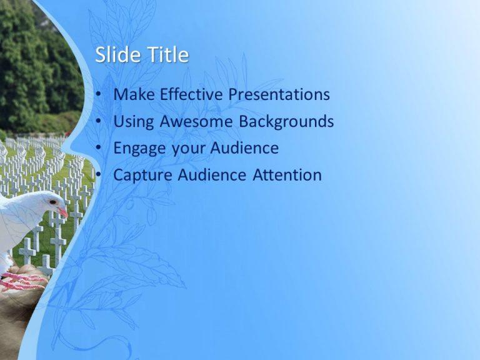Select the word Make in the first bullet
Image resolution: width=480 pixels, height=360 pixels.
[x=134, y=95]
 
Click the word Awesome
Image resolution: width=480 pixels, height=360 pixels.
[x=197, y=122]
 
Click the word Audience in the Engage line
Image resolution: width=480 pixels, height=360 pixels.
[x=244, y=149]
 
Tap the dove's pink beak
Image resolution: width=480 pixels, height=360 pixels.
[x=63, y=212]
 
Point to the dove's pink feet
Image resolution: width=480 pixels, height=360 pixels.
[x=22, y=282]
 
